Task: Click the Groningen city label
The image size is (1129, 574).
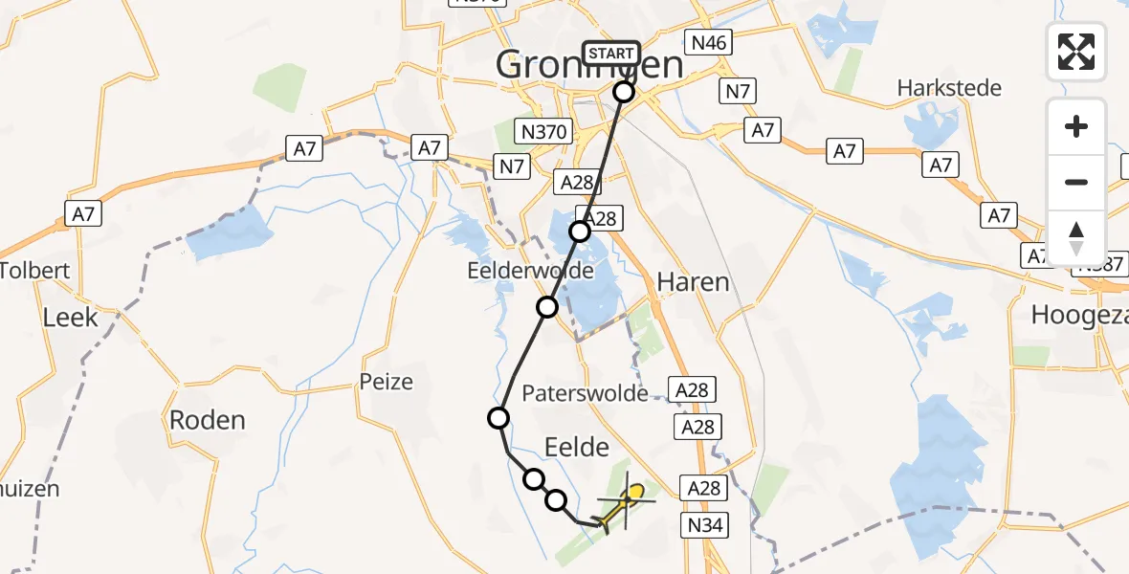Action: (589, 66)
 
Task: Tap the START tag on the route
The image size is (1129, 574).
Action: (610, 54)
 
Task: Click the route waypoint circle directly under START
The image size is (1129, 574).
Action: (624, 92)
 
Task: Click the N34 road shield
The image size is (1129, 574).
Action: (705, 524)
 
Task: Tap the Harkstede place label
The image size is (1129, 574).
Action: (949, 88)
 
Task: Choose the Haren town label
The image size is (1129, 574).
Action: (693, 282)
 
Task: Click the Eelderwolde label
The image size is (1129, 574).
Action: (530, 271)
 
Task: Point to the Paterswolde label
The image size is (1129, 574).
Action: (585, 393)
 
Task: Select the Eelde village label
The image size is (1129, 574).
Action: (576, 447)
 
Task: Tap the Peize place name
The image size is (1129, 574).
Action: (387, 383)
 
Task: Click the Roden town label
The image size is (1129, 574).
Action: (207, 419)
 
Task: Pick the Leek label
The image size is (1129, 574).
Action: (72, 317)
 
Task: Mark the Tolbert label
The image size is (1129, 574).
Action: (35, 271)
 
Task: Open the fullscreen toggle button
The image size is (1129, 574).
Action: (1076, 52)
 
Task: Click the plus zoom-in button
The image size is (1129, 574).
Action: (1076, 126)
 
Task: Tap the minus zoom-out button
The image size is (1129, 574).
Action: (1076, 182)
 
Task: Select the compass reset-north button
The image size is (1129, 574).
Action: (1076, 236)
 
